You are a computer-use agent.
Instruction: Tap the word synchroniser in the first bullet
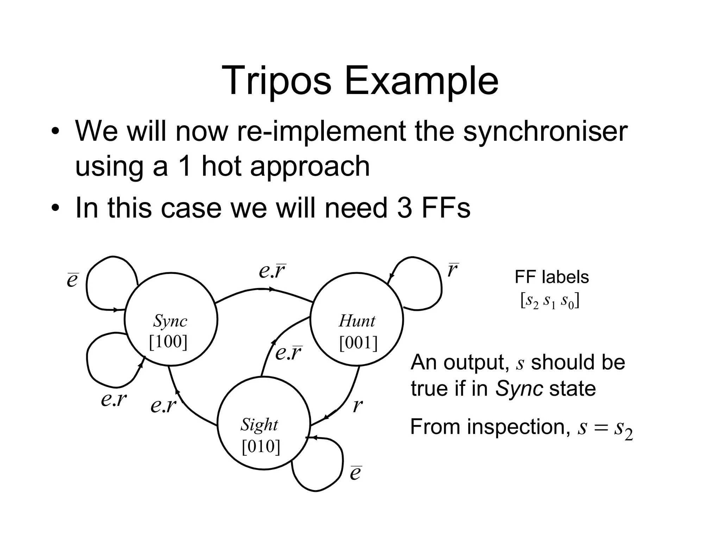pos(545,131)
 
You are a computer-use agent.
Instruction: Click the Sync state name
pos(170,321)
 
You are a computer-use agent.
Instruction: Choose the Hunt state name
pos(357,321)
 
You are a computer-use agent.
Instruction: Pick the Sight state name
pos(259,425)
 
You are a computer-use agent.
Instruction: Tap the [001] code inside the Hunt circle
pos(358,343)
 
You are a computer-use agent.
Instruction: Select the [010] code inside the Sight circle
pos(261,446)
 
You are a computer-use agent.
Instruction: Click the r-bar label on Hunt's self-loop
pos(453,270)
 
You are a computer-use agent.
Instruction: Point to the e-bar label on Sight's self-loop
pos(356,473)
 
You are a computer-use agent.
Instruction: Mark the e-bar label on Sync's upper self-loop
pos(73,280)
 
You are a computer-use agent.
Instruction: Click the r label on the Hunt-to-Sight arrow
pos(357,405)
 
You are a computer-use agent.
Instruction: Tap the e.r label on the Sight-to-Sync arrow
pos(163,405)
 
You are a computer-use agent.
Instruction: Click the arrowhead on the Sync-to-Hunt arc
pos(272,289)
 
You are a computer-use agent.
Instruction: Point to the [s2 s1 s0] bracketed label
pos(550,301)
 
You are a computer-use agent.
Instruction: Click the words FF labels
pos(551,277)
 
